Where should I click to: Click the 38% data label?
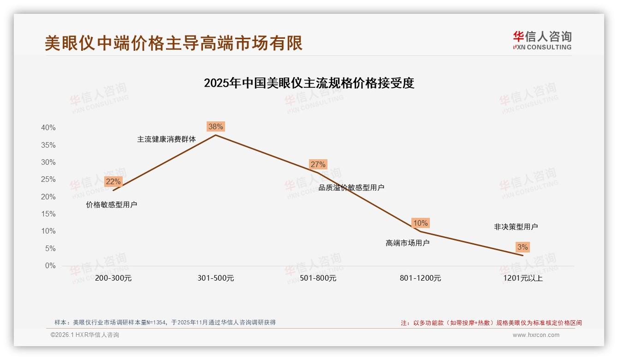tap(215, 126)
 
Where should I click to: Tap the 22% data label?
tap(113, 181)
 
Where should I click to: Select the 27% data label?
tap(318, 164)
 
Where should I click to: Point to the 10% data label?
tap(420, 223)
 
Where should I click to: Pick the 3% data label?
tap(522, 247)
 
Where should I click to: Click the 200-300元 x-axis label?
tap(113, 278)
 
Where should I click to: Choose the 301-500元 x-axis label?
tap(215, 278)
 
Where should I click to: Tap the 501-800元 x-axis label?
tap(318, 278)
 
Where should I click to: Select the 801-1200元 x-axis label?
tap(420, 278)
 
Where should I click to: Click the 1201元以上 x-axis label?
tap(523, 278)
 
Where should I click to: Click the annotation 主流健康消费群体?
tap(166, 139)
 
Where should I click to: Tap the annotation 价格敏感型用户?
tap(112, 204)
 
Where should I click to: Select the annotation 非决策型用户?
tap(516, 227)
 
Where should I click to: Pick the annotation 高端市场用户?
tap(407, 243)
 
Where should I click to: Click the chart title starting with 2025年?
tap(309, 83)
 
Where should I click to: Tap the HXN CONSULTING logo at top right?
tap(542, 41)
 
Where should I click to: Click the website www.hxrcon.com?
tap(536, 335)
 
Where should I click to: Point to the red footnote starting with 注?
tap(491, 323)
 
